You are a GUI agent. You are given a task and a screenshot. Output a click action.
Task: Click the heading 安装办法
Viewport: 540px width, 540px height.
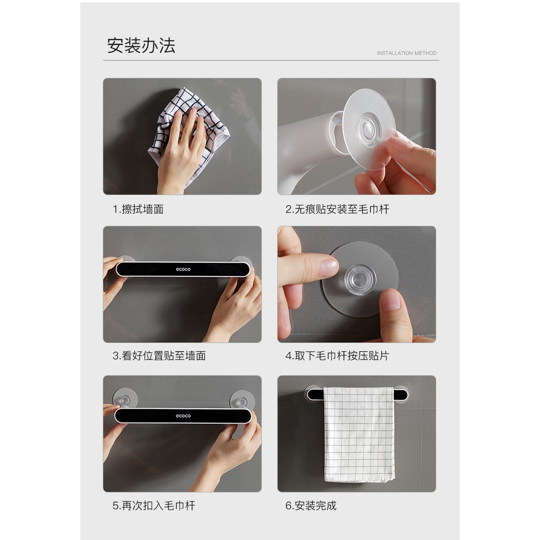pyautogui.click(x=141, y=45)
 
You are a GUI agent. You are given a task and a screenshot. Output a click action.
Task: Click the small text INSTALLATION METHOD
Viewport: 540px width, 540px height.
pyautogui.click(x=407, y=53)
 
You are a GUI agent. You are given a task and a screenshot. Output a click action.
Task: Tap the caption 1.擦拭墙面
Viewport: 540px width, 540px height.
pyautogui.click(x=138, y=209)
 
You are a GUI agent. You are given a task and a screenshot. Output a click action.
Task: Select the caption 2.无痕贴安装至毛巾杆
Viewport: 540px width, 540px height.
pyautogui.click(x=337, y=209)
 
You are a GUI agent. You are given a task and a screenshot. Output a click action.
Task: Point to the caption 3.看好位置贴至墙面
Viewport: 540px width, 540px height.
pyautogui.click(x=159, y=356)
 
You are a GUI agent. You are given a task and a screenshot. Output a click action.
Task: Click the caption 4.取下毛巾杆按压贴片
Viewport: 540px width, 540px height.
pyautogui.click(x=337, y=356)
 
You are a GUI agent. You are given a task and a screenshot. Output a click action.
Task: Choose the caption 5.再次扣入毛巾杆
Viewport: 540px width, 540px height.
pyautogui.click(x=153, y=506)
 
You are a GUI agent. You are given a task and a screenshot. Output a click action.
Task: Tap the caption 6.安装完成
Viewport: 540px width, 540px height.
pyautogui.click(x=311, y=506)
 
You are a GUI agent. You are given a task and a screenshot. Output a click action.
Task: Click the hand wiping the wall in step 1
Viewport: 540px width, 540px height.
pyautogui.click(x=179, y=153)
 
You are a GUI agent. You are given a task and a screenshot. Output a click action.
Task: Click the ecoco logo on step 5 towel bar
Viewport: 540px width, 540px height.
pyautogui.click(x=183, y=416)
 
